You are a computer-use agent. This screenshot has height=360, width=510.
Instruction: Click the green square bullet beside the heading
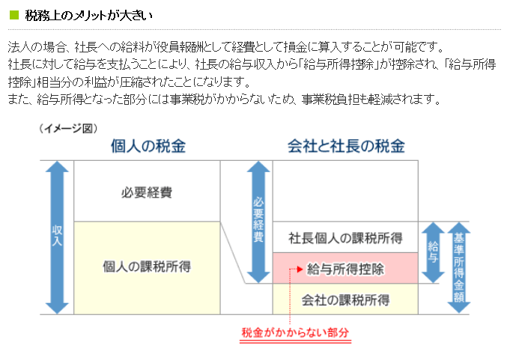(x=14, y=15)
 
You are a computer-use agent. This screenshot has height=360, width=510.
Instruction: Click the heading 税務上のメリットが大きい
(x=88, y=16)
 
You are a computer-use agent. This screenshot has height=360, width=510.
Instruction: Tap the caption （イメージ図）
(x=68, y=128)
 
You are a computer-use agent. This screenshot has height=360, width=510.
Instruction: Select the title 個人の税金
(x=148, y=146)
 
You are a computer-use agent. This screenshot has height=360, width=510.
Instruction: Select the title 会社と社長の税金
(x=346, y=146)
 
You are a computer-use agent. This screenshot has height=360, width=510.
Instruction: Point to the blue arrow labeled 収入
(x=57, y=237)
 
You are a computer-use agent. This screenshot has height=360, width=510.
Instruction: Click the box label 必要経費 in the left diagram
(x=147, y=192)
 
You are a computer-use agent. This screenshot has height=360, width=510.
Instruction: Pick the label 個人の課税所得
(x=147, y=266)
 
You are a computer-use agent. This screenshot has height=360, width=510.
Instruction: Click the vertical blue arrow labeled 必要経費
(x=258, y=222)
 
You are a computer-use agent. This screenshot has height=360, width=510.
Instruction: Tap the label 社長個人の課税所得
(x=345, y=238)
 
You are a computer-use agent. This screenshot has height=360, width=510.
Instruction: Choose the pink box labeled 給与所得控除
(x=345, y=268)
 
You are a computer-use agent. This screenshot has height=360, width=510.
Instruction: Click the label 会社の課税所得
(x=345, y=300)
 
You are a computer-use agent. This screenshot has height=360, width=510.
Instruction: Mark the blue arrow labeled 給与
(x=433, y=252)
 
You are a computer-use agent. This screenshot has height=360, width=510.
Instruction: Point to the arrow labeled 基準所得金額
(x=459, y=267)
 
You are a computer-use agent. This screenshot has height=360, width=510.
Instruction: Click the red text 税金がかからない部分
(x=295, y=332)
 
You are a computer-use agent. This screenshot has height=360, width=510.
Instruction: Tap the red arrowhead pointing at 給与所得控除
(x=300, y=269)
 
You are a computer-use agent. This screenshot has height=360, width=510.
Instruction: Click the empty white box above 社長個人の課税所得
(x=345, y=191)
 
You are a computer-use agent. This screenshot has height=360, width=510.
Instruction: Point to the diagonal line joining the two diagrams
(x=233, y=252)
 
